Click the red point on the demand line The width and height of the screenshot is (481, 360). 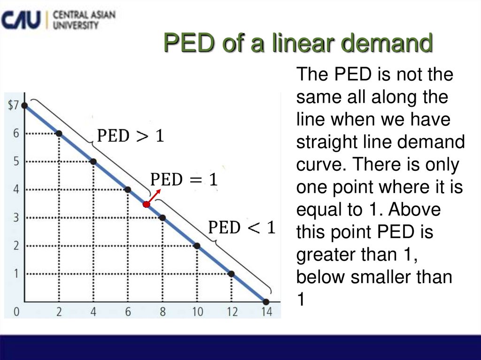point(147,204)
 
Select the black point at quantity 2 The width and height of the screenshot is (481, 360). point(59,134)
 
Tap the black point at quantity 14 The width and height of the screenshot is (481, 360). point(266,302)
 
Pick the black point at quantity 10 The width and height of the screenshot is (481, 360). point(197,245)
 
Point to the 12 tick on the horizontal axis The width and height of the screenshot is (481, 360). point(232,312)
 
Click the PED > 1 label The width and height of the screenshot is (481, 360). point(130,137)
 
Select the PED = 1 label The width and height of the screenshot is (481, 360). point(184,180)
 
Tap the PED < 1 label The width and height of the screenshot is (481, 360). point(241,228)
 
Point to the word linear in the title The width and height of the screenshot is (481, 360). point(295,44)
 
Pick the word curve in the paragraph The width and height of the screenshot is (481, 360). point(320,165)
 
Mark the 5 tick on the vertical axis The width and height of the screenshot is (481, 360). point(16,162)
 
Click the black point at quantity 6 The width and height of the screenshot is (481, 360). point(128,190)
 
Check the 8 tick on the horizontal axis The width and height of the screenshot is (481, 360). point(163,312)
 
